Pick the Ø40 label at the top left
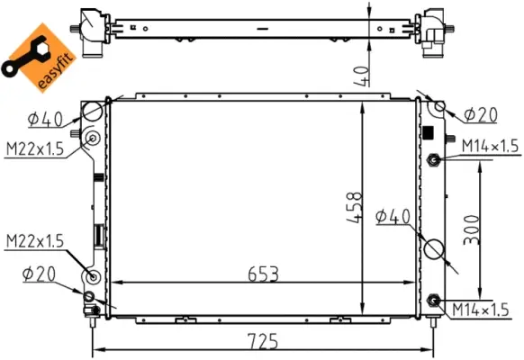tap(45, 118)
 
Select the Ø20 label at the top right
tap(482, 114)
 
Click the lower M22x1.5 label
tap(36, 241)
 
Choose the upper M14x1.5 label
tap(491, 146)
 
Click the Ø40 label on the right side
tap(393, 216)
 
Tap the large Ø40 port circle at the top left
tap(94, 112)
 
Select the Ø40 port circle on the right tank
tap(433, 248)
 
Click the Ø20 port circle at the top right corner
tap(440, 108)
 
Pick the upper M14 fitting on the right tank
tap(434, 160)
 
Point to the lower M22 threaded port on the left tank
tap(91, 277)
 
